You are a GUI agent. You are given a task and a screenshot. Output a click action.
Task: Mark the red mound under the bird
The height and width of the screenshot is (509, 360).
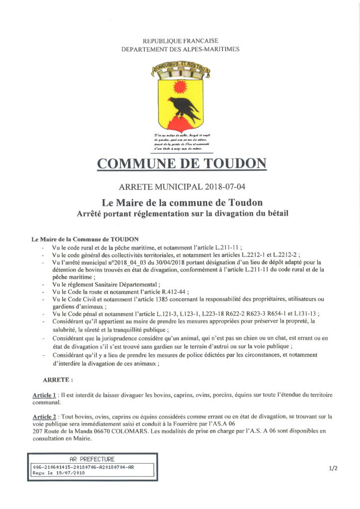180,123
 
